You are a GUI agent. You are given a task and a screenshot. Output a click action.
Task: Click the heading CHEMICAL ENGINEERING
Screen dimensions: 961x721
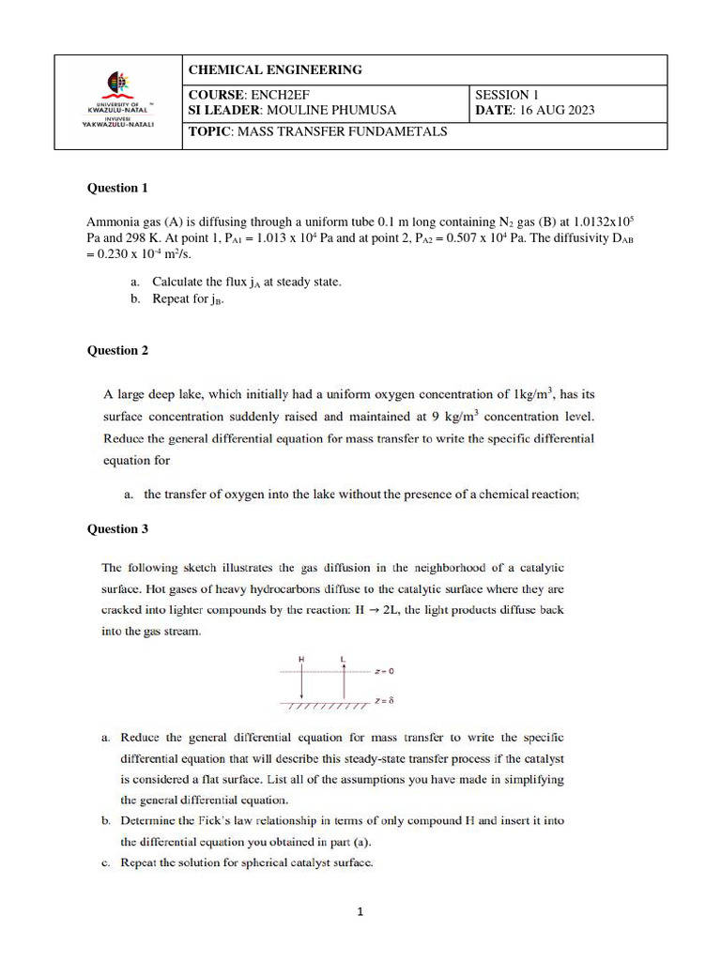(x=275, y=69)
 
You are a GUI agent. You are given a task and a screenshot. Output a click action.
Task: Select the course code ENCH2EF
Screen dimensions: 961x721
(x=279, y=95)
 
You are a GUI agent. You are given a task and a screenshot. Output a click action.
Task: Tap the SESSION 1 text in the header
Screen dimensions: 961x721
(x=507, y=95)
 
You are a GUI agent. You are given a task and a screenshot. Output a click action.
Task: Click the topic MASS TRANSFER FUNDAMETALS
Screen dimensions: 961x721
(x=342, y=131)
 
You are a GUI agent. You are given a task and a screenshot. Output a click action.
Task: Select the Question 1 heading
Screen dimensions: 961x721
(x=117, y=188)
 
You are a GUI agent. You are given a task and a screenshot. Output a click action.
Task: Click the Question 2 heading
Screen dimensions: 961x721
(x=117, y=350)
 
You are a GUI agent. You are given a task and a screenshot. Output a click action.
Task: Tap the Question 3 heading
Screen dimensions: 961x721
(x=117, y=528)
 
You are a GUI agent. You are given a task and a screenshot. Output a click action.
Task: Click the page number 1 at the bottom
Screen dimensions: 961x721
(x=360, y=909)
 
